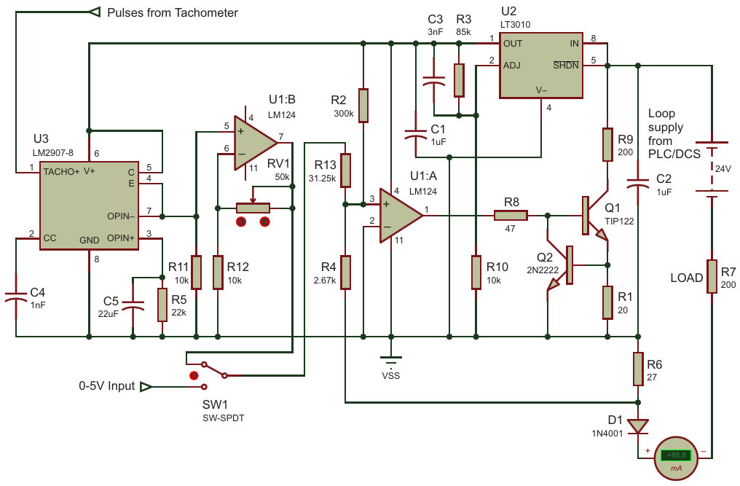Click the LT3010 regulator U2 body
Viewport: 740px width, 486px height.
pyautogui.click(x=541, y=66)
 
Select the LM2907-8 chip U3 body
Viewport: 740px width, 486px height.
pyautogui.click(x=89, y=205)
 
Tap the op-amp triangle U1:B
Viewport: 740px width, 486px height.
pyautogui.click(x=256, y=142)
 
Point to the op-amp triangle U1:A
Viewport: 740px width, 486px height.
pyautogui.click(x=401, y=216)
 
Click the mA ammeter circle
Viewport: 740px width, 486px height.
pyautogui.click(x=676, y=458)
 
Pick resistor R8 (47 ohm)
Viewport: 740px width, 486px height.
pyautogui.click(x=511, y=216)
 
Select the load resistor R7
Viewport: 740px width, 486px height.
pyautogui.click(x=712, y=276)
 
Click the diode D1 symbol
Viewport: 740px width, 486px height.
pyautogui.click(x=638, y=426)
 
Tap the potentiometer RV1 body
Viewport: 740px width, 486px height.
pyautogui.click(x=253, y=208)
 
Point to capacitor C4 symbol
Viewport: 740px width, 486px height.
pyautogui.click(x=15, y=297)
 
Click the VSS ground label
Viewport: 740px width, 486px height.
pyautogui.click(x=391, y=376)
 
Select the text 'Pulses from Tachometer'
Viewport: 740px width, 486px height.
pyautogui.click(x=173, y=13)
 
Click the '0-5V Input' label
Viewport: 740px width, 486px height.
pyautogui.click(x=106, y=386)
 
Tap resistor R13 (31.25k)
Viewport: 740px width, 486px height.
pyautogui.click(x=346, y=170)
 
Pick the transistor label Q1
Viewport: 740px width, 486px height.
pyautogui.click(x=613, y=208)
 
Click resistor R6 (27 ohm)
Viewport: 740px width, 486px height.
pyautogui.click(x=638, y=369)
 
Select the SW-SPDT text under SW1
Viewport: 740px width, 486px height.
pyautogui.click(x=224, y=418)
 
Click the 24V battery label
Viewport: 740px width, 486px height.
pyautogui.click(x=723, y=168)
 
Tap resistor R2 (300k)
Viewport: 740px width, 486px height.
pyautogui.click(x=363, y=106)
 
